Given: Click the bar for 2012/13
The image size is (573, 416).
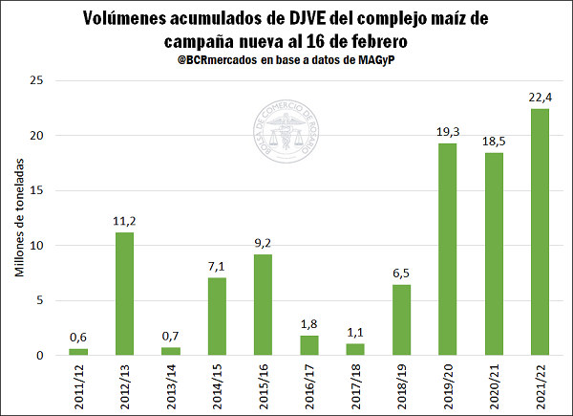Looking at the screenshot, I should [124, 294].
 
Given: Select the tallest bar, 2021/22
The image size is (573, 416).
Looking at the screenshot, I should [540, 232].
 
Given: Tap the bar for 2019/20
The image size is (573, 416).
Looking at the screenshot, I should [447, 250].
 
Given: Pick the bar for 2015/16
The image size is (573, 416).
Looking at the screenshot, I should [263, 305].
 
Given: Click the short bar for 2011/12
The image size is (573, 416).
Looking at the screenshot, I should [78, 352].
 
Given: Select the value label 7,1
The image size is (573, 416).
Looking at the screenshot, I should [217, 265].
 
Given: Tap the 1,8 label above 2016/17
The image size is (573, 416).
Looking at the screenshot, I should [308, 323].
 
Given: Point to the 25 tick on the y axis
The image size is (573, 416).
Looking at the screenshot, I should [37, 80].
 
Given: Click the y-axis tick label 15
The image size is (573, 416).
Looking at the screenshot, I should [37, 190].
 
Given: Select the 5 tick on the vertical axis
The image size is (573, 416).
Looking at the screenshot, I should [40, 300].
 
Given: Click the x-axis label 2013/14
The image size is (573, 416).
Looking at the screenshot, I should [171, 387].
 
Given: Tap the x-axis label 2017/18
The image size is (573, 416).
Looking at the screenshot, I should [355, 387].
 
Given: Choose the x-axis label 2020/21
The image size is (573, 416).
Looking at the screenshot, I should [494, 387].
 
